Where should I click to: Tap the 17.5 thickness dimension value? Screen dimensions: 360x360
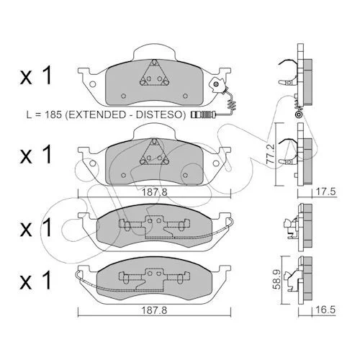[x=325, y=192]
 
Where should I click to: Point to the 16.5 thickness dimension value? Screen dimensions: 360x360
[x=325, y=310]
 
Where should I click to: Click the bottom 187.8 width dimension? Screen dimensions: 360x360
[x=154, y=310]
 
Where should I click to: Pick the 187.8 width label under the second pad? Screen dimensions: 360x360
[x=154, y=192]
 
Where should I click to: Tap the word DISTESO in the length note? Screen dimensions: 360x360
[x=159, y=114]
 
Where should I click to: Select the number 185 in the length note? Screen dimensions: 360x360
[x=53, y=114]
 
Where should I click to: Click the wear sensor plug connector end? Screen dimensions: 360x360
[x=204, y=114]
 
